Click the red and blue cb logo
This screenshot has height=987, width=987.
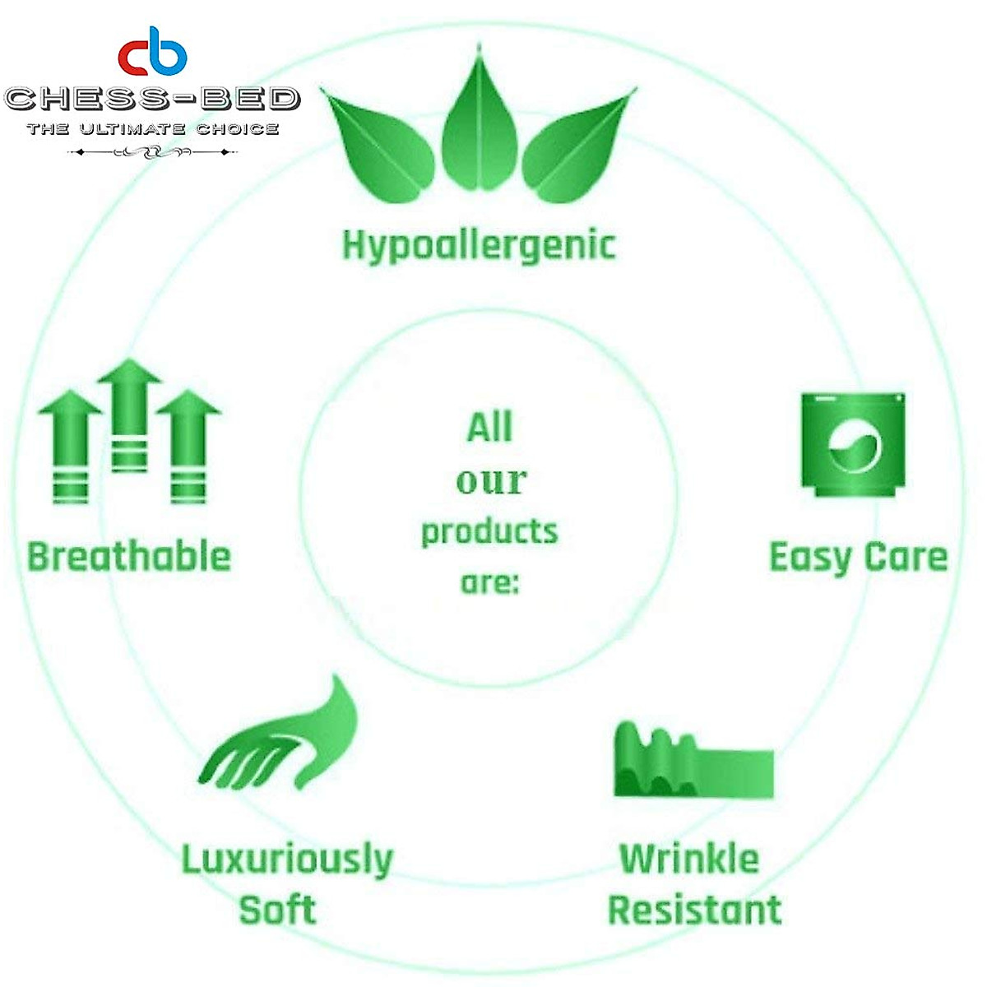coord(152,51)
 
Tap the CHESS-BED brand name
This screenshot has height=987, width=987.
coord(152,99)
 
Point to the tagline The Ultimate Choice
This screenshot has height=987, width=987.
coord(153,128)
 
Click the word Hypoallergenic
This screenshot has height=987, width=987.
coord(479,246)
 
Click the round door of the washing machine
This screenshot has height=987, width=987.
coord(855,446)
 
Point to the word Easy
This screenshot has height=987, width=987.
coord(810,558)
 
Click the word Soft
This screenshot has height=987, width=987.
coord(278,911)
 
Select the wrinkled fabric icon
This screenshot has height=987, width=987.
coord(694,760)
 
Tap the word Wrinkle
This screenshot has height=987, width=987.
coord(689,859)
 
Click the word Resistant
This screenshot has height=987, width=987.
coord(695,911)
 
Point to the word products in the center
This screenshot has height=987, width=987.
coord(489,534)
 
